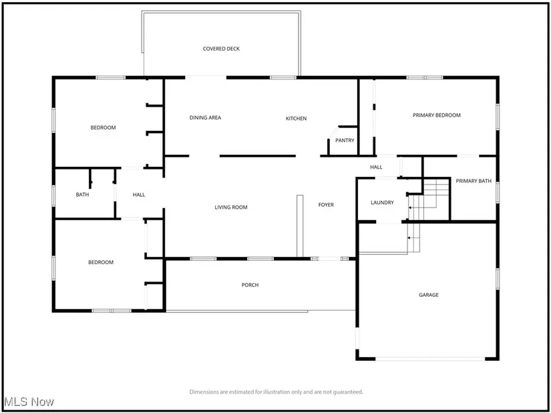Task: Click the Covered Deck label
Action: click(221, 49)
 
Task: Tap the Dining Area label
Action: click(205, 118)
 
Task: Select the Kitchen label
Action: click(296, 119)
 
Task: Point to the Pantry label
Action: click(345, 140)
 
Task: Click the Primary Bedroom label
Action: click(436, 115)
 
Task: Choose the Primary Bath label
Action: click(474, 181)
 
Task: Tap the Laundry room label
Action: click(382, 202)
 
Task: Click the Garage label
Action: click(428, 294)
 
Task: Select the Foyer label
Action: click(325, 205)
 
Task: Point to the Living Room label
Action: click(230, 208)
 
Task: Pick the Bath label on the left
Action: click(82, 195)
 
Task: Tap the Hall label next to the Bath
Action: click(139, 195)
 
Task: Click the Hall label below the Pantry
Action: click(376, 167)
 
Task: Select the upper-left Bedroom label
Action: click(103, 127)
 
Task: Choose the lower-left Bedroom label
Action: click(101, 262)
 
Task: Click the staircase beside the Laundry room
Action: click(427, 199)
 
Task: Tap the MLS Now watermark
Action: click(29, 402)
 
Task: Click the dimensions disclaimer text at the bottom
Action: click(276, 392)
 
